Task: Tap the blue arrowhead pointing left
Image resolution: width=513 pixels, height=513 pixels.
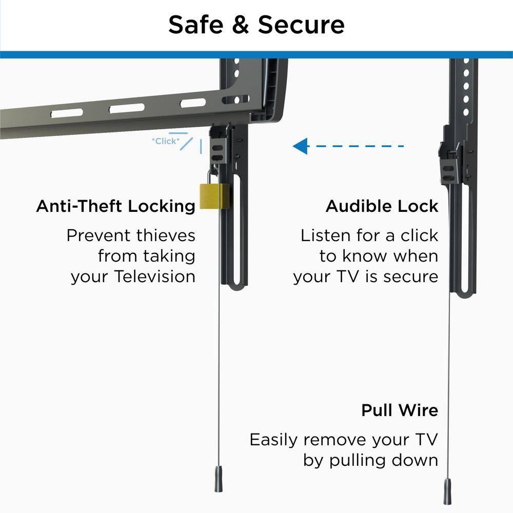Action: coord(300,146)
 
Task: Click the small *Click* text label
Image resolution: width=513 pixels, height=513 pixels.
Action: coord(166,141)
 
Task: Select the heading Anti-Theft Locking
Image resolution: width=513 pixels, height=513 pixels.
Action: coord(115,206)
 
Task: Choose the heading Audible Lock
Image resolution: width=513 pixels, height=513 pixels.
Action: coord(382,206)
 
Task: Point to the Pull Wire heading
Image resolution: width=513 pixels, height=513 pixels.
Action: coord(400,410)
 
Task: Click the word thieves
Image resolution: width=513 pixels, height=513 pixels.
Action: coord(166,235)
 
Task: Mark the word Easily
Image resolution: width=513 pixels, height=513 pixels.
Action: coord(274,440)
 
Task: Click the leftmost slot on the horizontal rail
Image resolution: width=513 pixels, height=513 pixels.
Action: coord(67,113)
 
